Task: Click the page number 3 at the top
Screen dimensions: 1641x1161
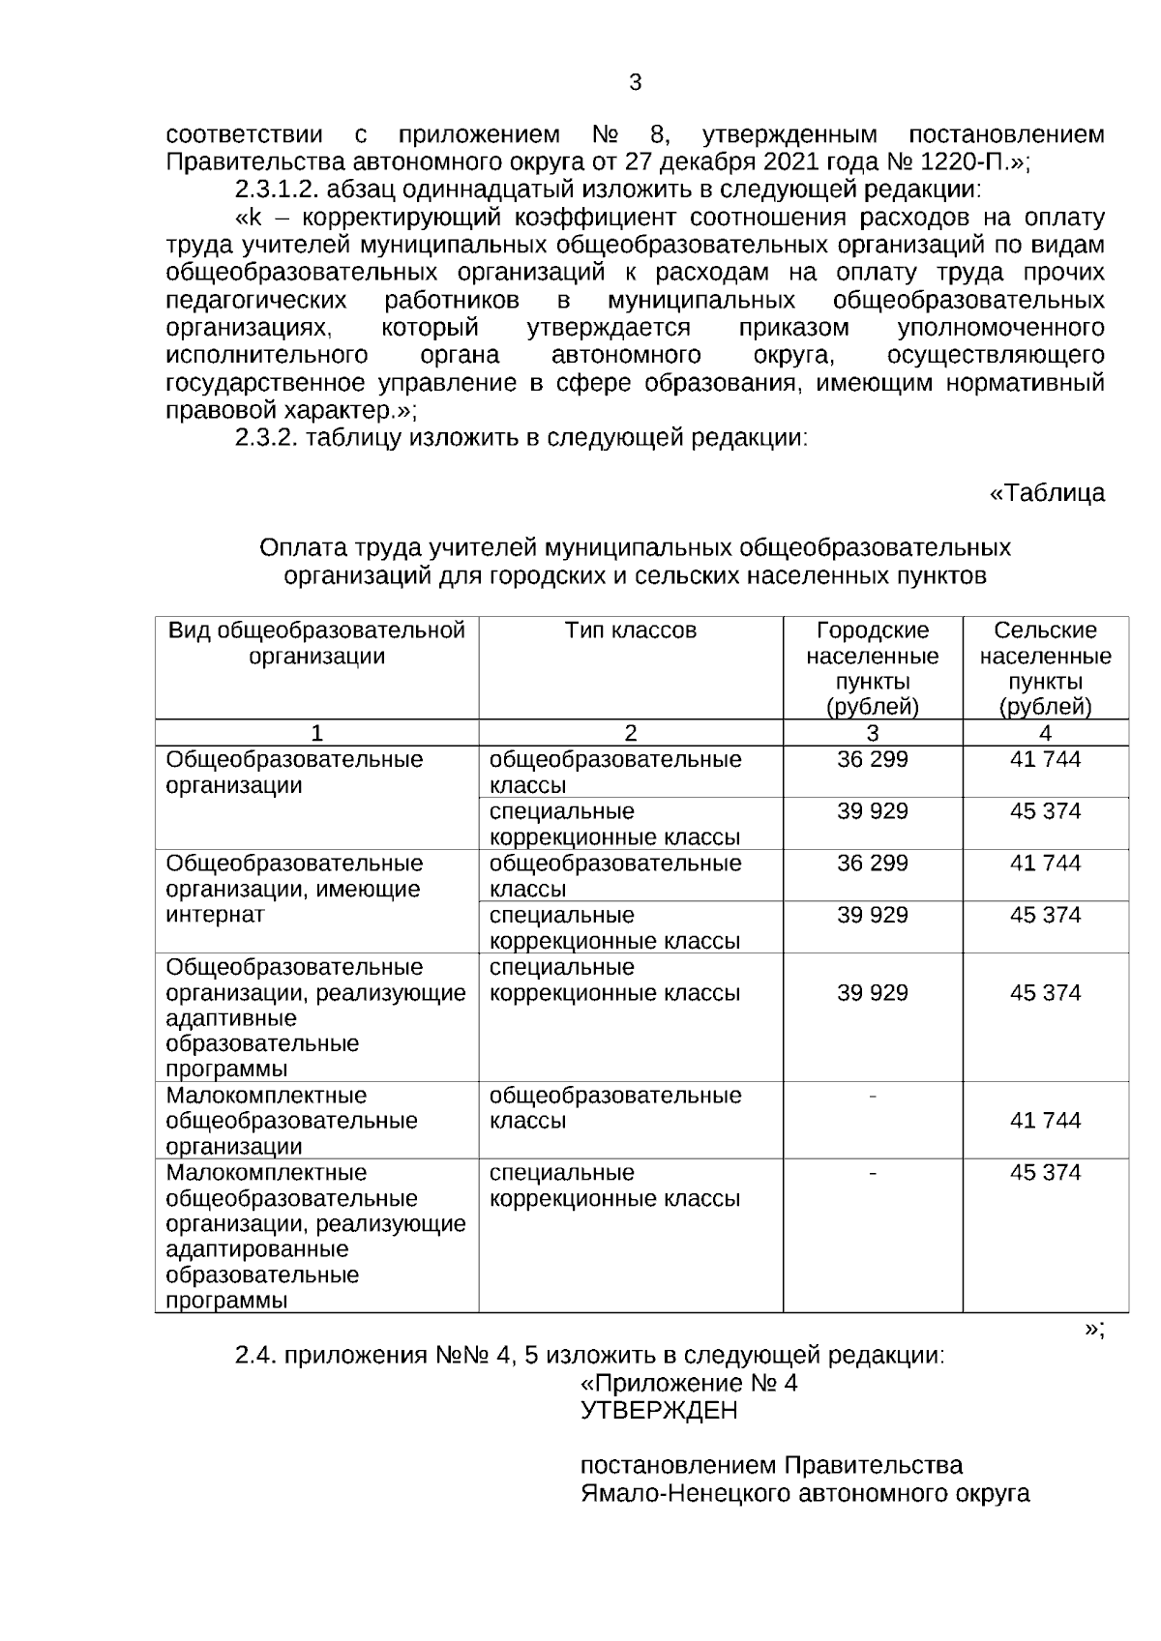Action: point(635,82)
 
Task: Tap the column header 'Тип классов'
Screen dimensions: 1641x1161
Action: point(630,631)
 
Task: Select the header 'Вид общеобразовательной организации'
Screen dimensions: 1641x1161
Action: point(316,644)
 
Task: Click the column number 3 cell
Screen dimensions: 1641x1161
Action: point(872,733)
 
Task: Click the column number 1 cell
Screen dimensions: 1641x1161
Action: point(316,733)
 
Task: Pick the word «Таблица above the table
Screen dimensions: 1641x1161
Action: point(1046,493)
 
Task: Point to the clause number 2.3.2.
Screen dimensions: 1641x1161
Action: point(267,438)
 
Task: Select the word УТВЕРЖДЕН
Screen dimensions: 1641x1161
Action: point(658,1411)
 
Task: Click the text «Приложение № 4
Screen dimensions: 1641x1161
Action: point(688,1383)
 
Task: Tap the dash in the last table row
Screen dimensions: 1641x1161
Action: point(873,1173)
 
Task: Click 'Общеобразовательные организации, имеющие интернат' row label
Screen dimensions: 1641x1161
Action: point(294,889)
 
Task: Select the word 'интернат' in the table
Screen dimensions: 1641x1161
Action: point(215,915)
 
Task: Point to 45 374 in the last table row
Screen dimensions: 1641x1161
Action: point(1045,1173)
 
